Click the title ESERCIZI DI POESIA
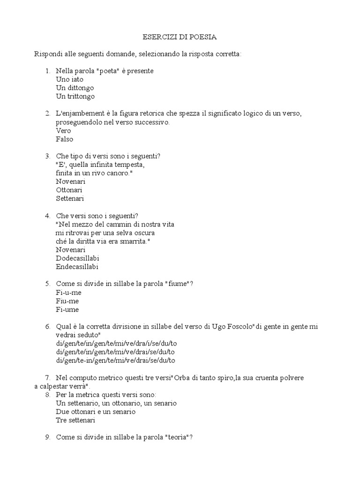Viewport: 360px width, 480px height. pyautogui.click(x=180, y=37)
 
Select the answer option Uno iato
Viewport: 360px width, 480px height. pyautogui.click(x=69, y=79)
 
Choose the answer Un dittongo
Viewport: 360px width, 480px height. pyautogui.click(x=75, y=88)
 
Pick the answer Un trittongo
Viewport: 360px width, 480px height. pyautogui.click(x=75, y=96)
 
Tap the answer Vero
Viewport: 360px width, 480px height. pyautogui.click(x=63, y=130)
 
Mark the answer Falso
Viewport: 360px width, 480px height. pyautogui.click(x=64, y=139)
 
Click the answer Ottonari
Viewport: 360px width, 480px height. pyautogui.click(x=69, y=190)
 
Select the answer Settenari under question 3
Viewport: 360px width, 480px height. pyautogui.click(x=69, y=198)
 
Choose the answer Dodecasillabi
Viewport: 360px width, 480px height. pyautogui.click(x=77, y=258)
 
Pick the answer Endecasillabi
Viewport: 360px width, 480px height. pyautogui.click(x=77, y=267)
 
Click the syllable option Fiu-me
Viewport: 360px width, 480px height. pyautogui.click(x=67, y=301)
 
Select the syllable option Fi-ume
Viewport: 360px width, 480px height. pyautogui.click(x=67, y=309)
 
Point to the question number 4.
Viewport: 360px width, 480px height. pyautogui.click(x=47, y=216)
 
